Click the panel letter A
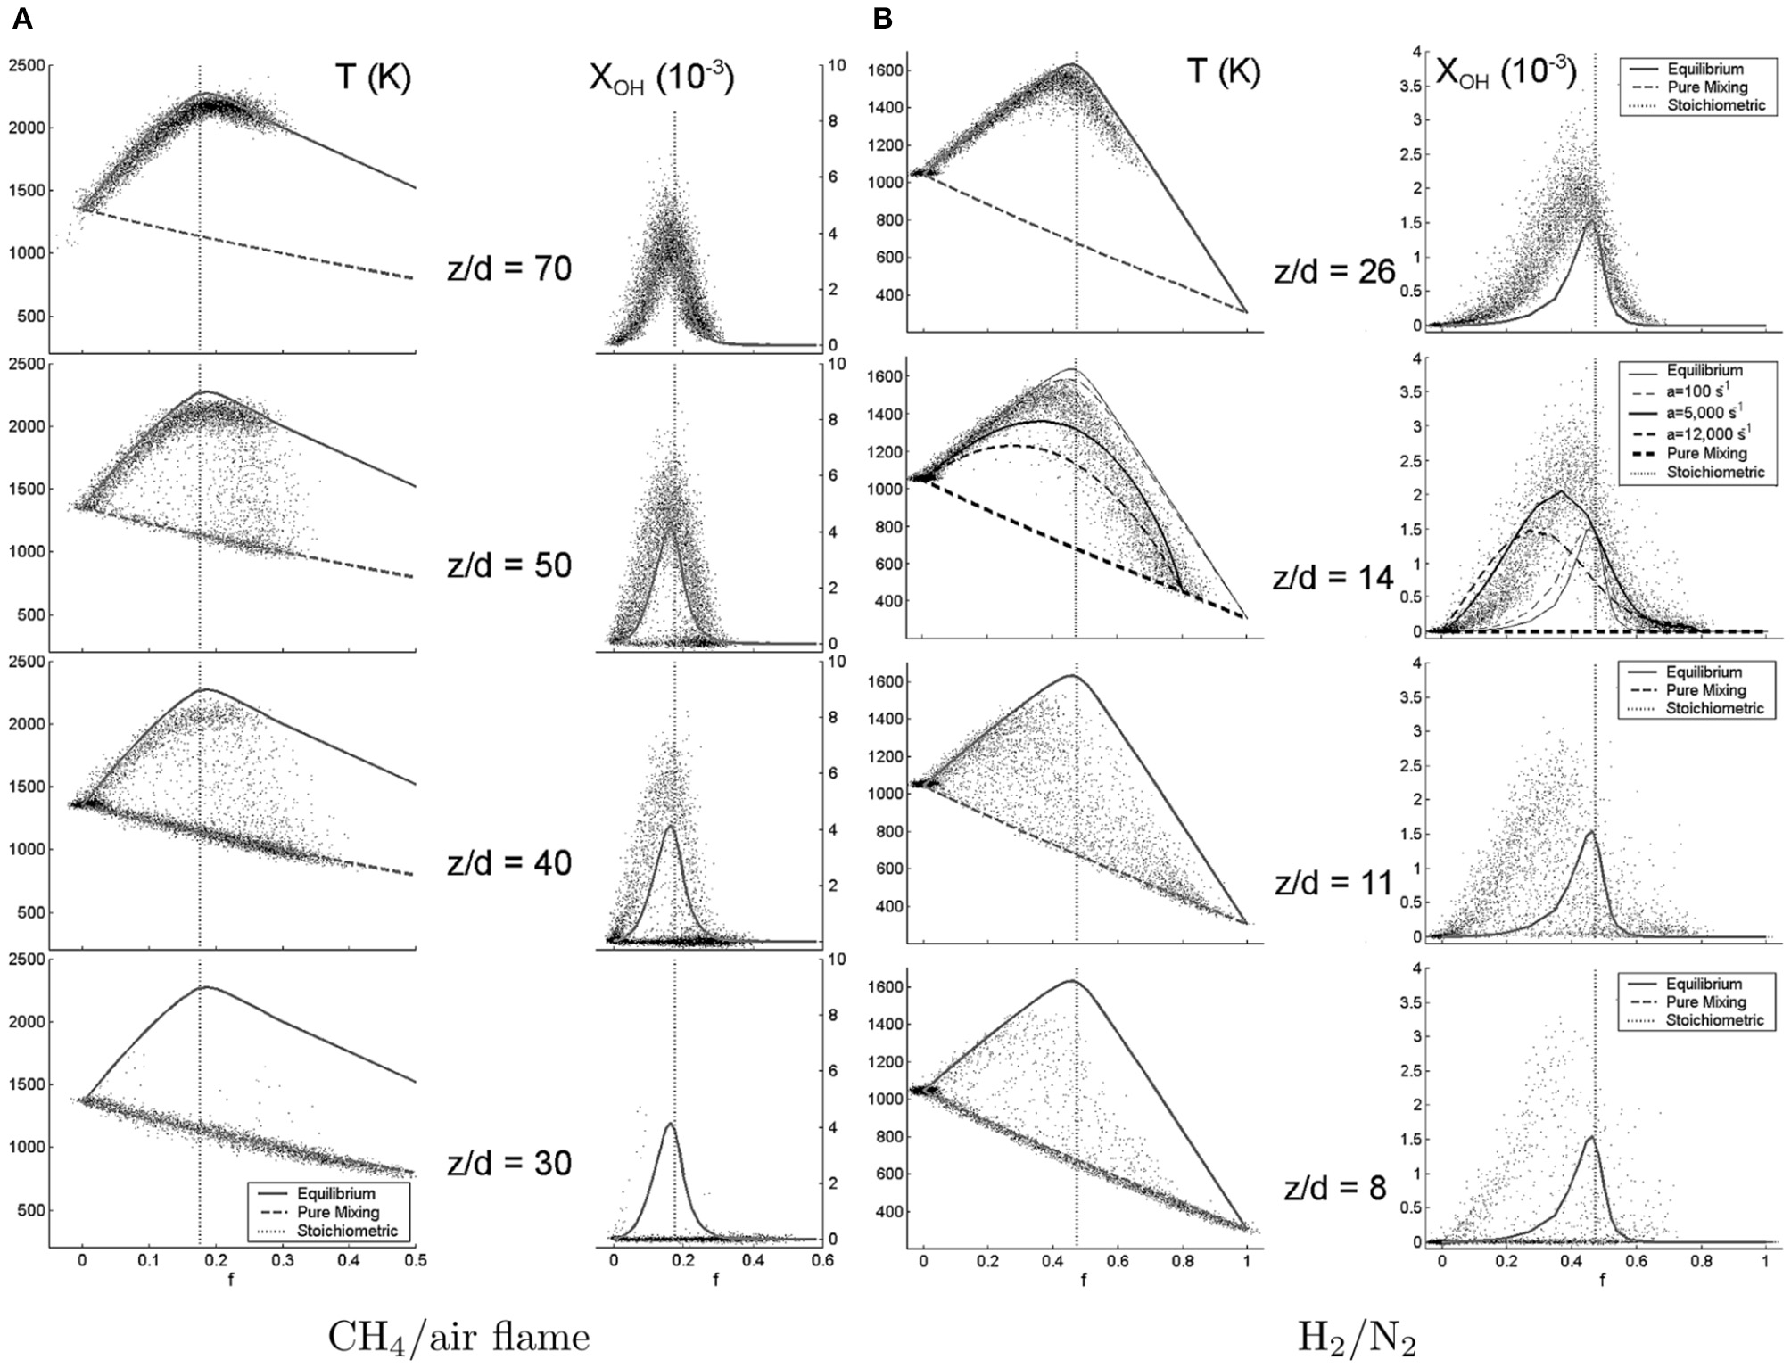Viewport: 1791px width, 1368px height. coord(22,19)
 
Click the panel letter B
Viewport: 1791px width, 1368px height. coord(882,19)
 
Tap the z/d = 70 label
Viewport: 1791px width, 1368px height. coord(509,268)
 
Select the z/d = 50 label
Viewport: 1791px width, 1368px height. coord(509,565)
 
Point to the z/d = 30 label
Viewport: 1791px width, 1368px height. coord(509,1162)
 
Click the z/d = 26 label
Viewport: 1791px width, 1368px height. coord(1334,271)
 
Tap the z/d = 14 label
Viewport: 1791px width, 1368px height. coord(1333,578)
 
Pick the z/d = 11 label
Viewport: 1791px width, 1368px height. coord(1333,883)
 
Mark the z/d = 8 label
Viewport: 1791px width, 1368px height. coord(1335,1188)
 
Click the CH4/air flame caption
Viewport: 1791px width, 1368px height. coord(459,1337)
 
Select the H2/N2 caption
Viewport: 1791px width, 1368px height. coord(1357,1337)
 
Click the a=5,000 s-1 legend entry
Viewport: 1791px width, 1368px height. coord(1707,413)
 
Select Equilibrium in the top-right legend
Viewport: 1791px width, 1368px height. coord(1704,69)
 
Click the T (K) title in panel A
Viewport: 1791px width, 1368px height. coord(373,78)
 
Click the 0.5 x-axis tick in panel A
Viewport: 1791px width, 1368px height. coord(416,1260)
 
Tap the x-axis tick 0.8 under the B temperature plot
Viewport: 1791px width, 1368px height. coord(1183,1262)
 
